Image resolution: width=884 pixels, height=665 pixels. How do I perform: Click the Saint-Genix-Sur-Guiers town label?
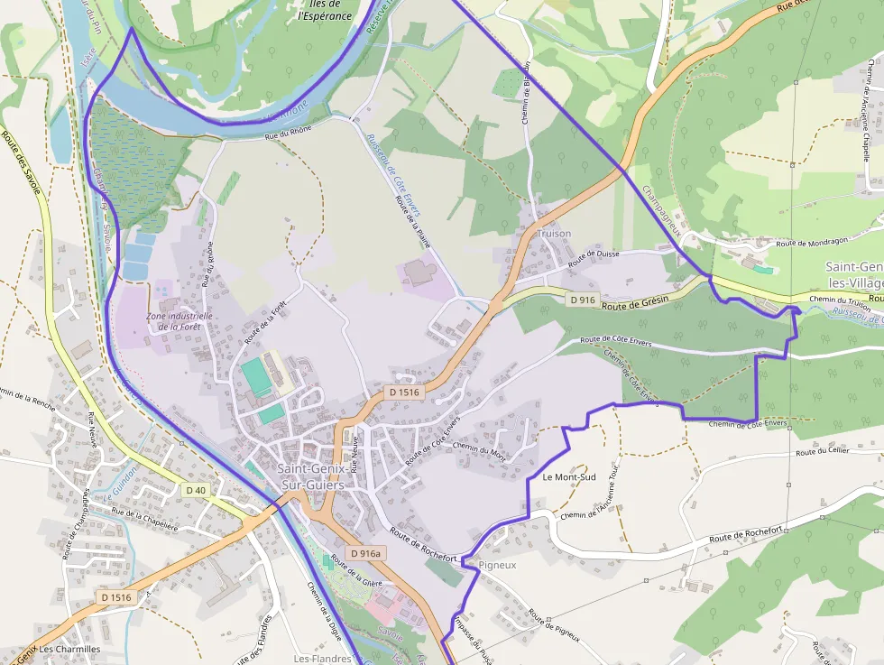[x=316, y=476]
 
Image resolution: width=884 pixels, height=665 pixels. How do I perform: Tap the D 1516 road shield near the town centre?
[x=404, y=393]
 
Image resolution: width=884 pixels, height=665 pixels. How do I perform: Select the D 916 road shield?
[x=583, y=300]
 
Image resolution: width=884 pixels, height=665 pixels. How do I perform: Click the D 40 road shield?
[x=194, y=490]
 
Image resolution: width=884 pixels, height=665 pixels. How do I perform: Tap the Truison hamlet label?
[x=554, y=234]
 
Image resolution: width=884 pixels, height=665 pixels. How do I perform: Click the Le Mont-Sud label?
[x=569, y=476]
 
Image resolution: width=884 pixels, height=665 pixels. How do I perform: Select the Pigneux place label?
[x=498, y=565]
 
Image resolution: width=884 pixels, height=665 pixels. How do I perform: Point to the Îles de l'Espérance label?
[x=325, y=11]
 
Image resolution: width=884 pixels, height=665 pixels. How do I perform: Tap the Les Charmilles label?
[x=69, y=649]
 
